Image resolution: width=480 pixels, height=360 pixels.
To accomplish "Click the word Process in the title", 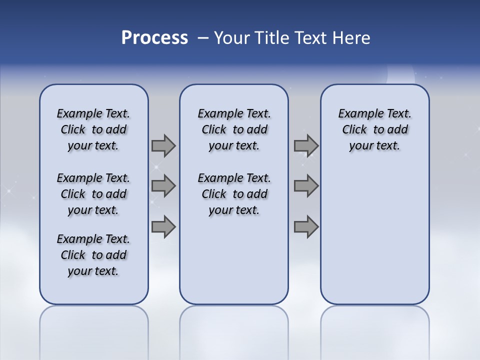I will coord(154,38).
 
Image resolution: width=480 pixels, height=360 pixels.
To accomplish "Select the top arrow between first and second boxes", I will coord(163,145).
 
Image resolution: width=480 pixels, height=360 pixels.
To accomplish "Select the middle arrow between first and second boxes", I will coord(163,186).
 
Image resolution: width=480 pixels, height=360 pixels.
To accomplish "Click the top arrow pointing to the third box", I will coord(306,145).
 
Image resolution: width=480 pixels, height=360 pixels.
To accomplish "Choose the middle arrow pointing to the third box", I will coord(306,186).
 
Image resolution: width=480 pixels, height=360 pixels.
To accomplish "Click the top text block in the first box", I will coord(93,129).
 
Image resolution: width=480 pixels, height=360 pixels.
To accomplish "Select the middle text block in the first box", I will coord(93,194).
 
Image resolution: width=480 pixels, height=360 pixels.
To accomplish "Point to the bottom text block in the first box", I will coord(93,255).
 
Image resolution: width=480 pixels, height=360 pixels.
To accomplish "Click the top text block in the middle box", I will coord(234,129).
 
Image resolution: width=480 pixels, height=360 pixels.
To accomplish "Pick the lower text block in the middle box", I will coord(234,194).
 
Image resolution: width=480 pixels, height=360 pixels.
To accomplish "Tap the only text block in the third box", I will coord(375,129).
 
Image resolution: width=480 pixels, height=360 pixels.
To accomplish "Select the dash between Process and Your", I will coord(203,38).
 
